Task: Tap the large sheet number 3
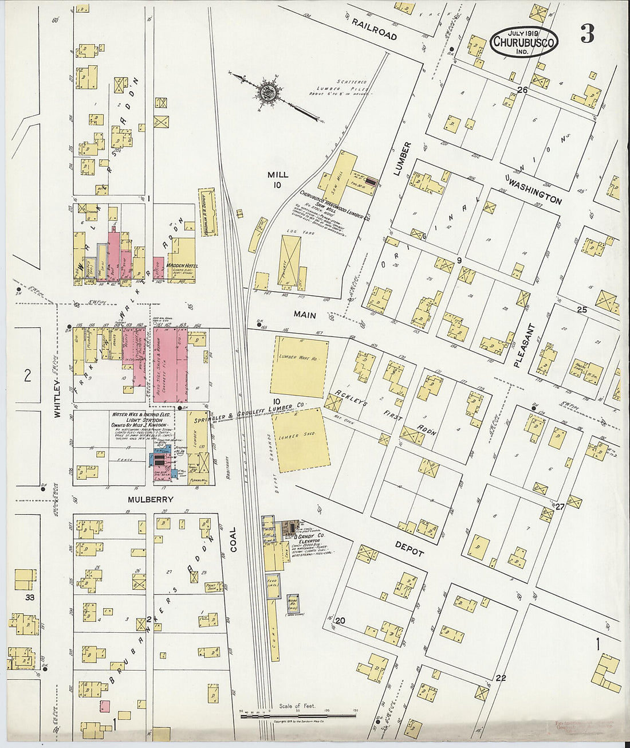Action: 587,34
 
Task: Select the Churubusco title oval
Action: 523,42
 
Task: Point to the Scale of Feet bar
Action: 298,715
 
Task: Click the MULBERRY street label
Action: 150,500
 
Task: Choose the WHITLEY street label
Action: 57,400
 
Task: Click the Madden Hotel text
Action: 182,266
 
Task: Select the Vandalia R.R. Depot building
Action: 208,212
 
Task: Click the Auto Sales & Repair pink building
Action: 170,365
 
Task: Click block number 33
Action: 30,597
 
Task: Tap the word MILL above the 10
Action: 277,174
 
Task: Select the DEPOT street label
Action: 409,549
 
